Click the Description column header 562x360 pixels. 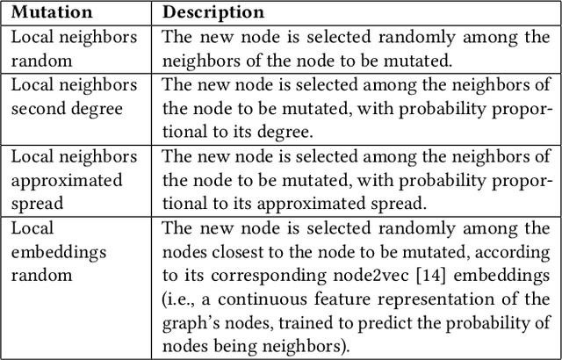coord(213,13)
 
